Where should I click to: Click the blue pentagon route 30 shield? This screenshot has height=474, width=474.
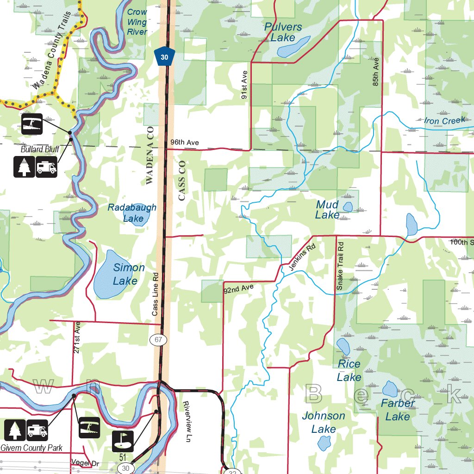point(164,56)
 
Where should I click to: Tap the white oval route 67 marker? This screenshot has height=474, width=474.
point(158,340)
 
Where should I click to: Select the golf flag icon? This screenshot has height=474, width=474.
point(123,441)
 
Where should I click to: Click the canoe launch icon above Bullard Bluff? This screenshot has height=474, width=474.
point(32,124)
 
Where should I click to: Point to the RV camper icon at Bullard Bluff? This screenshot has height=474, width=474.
point(46,167)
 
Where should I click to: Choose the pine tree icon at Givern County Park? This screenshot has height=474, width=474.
point(15,430)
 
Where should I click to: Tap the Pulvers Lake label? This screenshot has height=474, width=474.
point(283,32)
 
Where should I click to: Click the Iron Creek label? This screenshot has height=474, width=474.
point(444,121)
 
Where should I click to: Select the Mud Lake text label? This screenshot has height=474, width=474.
point(327,210)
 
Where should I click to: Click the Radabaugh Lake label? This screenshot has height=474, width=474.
point(132,212)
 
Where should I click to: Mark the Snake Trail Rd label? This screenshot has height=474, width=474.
point(340,266)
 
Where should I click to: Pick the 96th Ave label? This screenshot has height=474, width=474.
point(184,143)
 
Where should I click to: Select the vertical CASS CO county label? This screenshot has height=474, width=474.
point(181,181)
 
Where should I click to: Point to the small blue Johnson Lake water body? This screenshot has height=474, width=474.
point(323,444)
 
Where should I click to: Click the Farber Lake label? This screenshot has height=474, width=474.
point(398,410)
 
